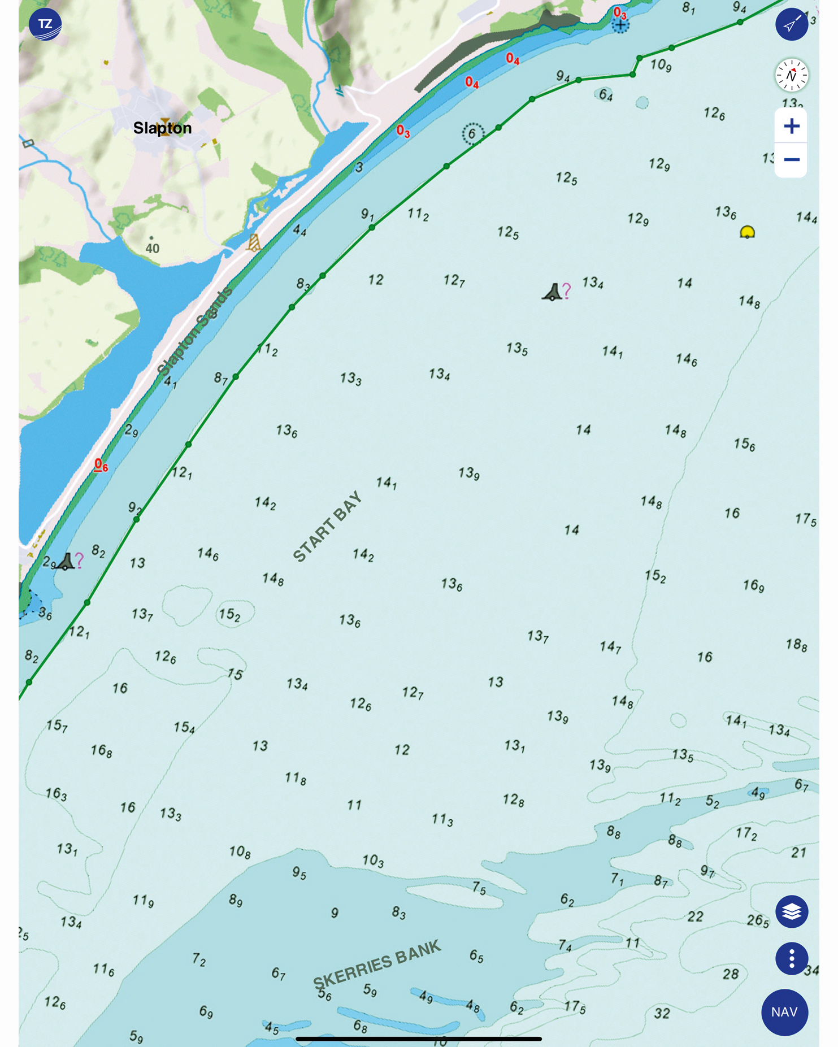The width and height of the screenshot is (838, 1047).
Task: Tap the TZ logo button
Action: (x=45, y=24)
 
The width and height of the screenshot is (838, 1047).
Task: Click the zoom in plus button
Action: (x=791, y=126)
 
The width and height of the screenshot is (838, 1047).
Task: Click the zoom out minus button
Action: (x=791, y=160)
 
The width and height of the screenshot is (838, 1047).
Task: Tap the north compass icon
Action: (x=791, y=75)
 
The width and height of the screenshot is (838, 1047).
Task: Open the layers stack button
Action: (x=791, y=911)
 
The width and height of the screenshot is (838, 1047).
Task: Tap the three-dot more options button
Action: (x=791, y=958)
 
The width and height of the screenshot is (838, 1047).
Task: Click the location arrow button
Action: (x=791, y=24)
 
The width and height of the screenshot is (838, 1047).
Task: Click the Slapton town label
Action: (x=162, y=128)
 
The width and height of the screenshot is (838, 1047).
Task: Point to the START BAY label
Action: (x=327, y=527)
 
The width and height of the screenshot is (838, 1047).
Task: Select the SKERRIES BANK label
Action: (x=377, y=964)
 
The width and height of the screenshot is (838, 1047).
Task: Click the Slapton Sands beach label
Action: (x=195, y=331)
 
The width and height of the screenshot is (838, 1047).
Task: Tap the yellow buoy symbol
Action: (x=747, y=232)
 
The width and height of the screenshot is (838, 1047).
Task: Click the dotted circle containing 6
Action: (x=472, y=134)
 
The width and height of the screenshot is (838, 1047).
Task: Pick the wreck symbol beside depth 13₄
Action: (x=553, y=292)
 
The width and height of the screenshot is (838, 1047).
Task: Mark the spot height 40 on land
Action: (x=152, y=247)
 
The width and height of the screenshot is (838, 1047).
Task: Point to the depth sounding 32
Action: (x=662, y=1013)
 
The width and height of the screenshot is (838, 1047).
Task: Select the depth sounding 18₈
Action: (x=796, y=644)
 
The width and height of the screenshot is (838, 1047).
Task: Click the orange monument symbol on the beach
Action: (x=254, y=243)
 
